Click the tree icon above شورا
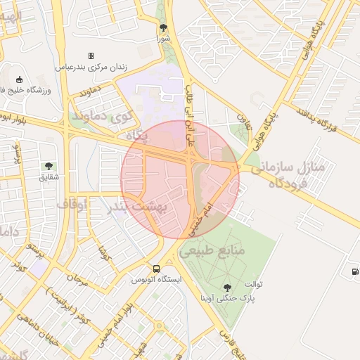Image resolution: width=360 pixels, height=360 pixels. [x=164, y=27]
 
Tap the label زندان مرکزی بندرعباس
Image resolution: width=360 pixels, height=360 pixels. [x=91, y=67]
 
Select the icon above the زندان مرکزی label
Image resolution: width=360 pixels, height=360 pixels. [x=91, y=56]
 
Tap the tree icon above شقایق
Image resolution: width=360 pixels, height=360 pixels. [x=49, y=166]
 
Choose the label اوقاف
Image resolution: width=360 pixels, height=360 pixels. [x=71, y=204]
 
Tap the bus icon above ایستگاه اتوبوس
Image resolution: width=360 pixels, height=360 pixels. [x=156, y=268]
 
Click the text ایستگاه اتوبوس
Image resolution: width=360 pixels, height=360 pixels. [x=156, y=279]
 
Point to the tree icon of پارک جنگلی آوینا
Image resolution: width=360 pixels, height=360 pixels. [x=226, y=287]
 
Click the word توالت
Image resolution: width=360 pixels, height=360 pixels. [x=253, y=284]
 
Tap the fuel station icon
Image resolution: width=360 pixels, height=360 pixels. [x=353, y=271]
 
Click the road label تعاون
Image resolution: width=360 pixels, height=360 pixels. [x=243, y=112]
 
